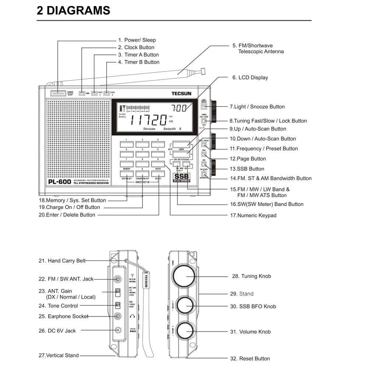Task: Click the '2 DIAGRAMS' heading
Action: click(x=73, y=10)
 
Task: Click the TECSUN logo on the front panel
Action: click(x=181, y=93)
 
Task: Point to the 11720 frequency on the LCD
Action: click(x=149, y=120)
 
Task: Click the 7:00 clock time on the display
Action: click(x=179, y=108)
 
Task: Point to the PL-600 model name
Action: click(x=60, y=181)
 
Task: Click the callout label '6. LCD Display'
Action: click(x=250, y=78)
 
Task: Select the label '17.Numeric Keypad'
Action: click(x=253, y=215)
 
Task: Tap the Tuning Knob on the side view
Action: click(x=187, y=276)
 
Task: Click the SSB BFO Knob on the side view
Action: click(x=187, y=306)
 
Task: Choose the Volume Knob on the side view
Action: click(x=187, y=332)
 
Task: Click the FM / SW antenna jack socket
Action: click(x=118, y=279)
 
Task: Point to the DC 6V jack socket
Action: click(x=118, y=330)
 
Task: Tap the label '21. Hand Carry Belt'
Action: click(x=62, y=261)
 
